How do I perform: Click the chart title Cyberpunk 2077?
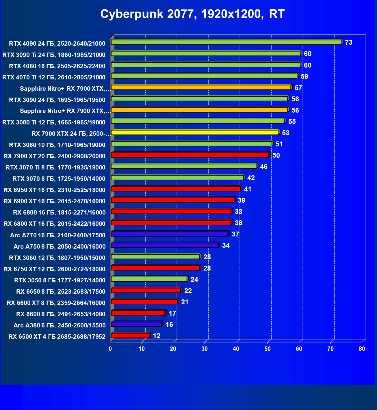[x=192, y=14]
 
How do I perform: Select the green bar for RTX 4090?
[x=226, y=42]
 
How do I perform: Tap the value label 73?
[x=348, y=42]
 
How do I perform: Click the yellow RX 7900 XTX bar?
[x=195, y=133]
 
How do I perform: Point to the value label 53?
[x=285, y=133]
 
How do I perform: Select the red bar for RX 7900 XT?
[x=190, y=155]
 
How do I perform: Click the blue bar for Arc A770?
[x=170, y=234]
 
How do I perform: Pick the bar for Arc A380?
[x=136, y=324]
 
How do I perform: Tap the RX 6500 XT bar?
[x=130, y=336]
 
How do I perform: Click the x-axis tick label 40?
[x=236, y=349]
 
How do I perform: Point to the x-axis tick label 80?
[x=362, y=349]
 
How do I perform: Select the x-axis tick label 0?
[x=110, y=349]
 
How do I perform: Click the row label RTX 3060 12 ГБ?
[x=57, y=258]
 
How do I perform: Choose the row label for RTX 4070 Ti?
[x=54, y=77]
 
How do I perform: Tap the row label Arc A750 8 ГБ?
[x=60, y=246]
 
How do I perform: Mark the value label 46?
[x=263, y=167]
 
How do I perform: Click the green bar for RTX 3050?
[x=149, y=279]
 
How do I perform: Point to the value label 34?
[x=226, y=245]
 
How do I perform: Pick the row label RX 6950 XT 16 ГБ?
[x=54, y=190]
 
